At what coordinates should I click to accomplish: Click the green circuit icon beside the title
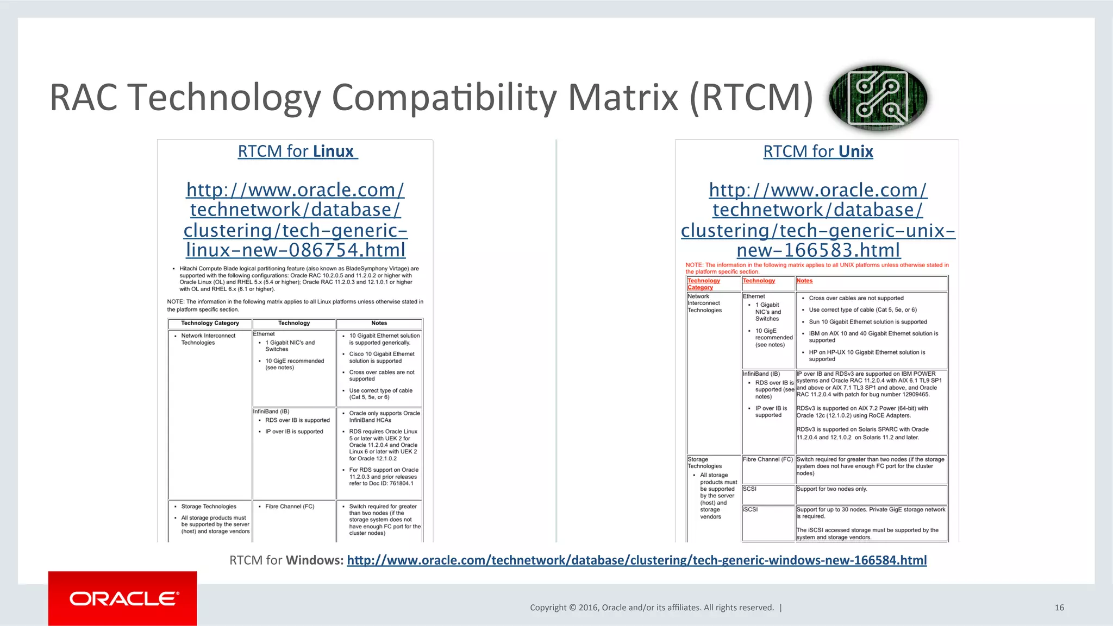coord(878,98)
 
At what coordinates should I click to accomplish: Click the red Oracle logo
coord(123,598)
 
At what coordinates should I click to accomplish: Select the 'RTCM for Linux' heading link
coord(297,151)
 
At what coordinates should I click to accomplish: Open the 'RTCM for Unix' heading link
coord(818,151)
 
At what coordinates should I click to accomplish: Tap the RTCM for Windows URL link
coord(636,560)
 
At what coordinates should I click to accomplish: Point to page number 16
coord(1059,608)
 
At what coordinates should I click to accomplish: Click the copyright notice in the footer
coord(652,608)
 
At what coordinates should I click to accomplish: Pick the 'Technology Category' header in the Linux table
coord(210,323)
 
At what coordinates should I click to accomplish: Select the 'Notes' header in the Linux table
coord(379,323)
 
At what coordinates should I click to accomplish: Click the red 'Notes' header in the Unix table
coord(804,281)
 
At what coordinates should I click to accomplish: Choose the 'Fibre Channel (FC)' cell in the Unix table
coord(767,459)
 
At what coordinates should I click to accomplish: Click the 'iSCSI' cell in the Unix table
coord(750,509)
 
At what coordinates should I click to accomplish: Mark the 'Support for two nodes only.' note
coord(831,489)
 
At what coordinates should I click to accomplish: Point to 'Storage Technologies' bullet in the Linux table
coord(209,507)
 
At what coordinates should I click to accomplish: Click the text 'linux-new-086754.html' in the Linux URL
coord(296,250)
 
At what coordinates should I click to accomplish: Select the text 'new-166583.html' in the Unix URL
coord(818,250)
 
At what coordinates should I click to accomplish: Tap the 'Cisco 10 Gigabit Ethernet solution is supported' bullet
coord(382,357)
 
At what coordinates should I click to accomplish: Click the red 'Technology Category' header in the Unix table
coord(703,284)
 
